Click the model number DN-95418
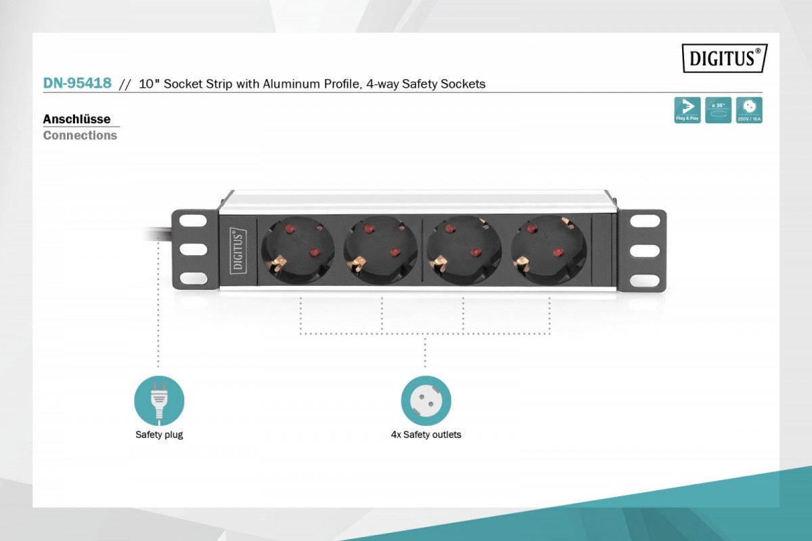tap(77, 83)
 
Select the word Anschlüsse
tap(76, 119)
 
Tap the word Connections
tap(80, 135)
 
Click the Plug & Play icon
tap(687, 110)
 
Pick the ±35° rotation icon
tap(718, 110)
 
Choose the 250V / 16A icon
tap(749, 110)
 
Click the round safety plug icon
tap(159, 401)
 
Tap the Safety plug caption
tap(159, 435)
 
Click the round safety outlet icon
tap(426, 401)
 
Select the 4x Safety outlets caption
tap(426, 435)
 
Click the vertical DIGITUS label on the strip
tap(238, 249)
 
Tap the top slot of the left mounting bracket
tap(193, 221)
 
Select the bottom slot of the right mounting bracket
tap(644, 280)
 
